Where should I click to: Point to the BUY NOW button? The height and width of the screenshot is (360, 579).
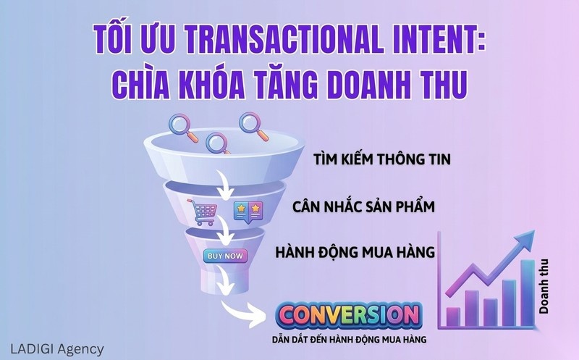click(x=225, y=256)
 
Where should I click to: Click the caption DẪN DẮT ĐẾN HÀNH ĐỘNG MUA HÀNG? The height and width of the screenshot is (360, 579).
click(x=347, y=338)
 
